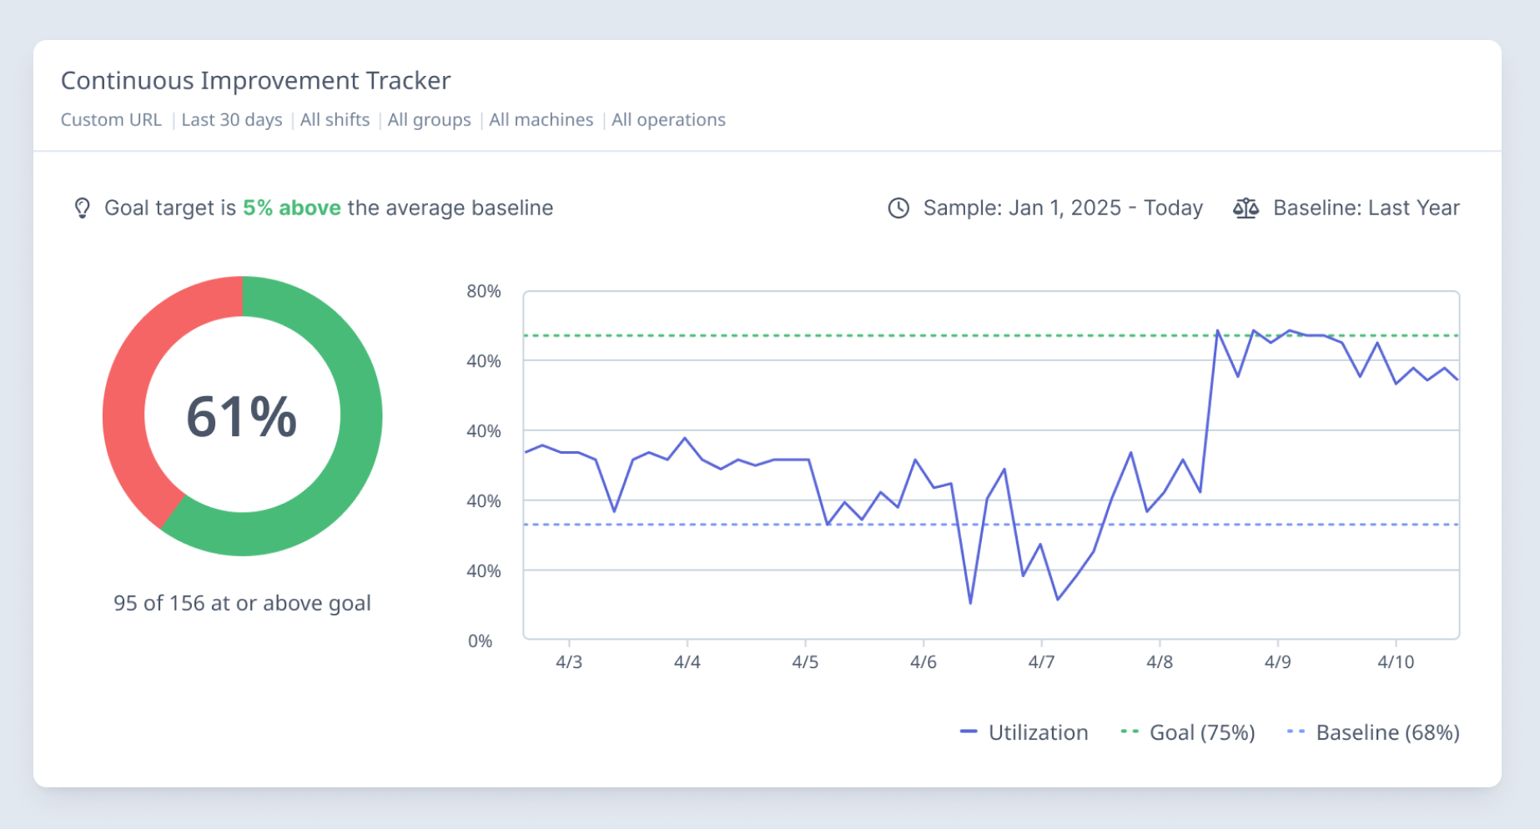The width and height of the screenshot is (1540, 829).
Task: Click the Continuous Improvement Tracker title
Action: point(255,81)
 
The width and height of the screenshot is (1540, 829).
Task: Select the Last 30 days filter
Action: point(231,120)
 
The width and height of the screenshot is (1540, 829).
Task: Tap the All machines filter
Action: point(541,120)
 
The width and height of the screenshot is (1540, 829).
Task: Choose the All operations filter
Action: point(668,120)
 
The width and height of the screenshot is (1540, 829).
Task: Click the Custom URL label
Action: point(111,120)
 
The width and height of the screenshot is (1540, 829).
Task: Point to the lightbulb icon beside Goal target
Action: point(82,208)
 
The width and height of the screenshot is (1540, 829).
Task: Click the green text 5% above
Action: point(291,208)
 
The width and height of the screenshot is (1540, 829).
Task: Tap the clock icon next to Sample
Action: point(898,208)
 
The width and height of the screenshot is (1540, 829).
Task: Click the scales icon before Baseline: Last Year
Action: point(1246,208)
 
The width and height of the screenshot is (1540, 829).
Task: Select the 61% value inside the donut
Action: point(242,416)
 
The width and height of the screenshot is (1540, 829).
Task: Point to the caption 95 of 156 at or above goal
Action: point(242,603)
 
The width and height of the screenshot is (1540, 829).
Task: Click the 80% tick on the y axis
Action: point(483,291)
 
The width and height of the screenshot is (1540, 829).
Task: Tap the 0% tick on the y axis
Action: point(480,641)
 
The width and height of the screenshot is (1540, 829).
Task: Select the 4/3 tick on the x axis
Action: point(569,662)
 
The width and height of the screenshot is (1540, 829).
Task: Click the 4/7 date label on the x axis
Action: point(1041,662)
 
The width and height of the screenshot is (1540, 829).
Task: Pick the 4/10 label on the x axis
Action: point(1396,662)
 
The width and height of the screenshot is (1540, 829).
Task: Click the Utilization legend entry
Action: point(1025,732)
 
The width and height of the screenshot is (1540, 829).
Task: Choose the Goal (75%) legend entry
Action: point(1189,732)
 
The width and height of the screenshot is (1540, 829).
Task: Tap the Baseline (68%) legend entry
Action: point(1374,732)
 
